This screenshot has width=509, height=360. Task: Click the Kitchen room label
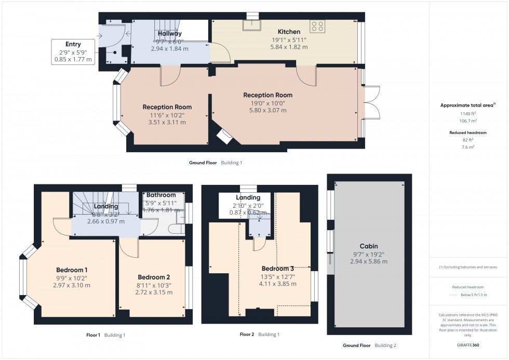point(289,32)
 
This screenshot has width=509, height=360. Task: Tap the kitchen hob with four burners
point(317,26)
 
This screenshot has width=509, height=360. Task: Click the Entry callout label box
point(73,52)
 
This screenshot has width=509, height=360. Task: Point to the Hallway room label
point(170,33)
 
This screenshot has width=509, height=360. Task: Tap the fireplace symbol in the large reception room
point(224,136)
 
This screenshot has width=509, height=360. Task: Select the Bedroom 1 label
point(72,270)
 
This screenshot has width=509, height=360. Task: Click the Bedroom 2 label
point(154,277)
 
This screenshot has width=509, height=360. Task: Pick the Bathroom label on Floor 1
point(160,195)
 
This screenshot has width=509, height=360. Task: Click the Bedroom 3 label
point(277,268)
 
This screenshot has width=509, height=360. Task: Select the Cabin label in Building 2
point(368,246)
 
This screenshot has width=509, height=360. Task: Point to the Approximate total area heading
point(467,105)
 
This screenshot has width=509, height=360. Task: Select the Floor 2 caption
point(247,334)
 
